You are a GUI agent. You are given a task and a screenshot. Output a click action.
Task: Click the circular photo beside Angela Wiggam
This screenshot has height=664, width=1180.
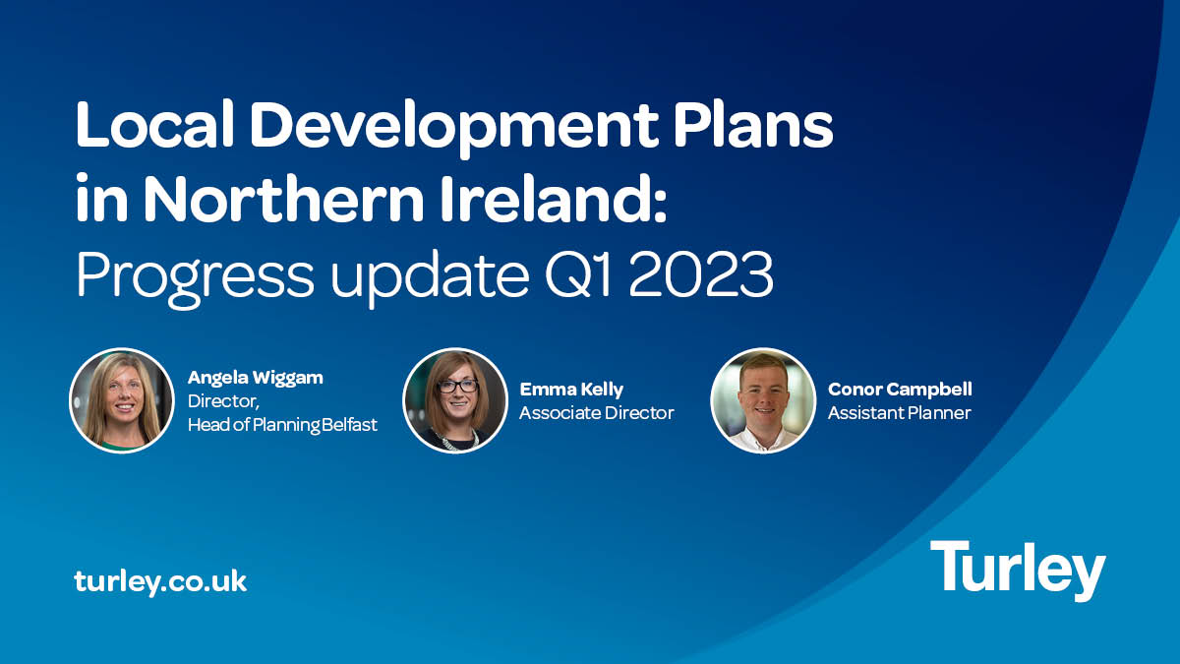121,401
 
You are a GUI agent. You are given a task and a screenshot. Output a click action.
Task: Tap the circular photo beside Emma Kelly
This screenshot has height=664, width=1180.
455,401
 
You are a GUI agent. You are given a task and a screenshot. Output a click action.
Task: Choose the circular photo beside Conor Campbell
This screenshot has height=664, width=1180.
763,401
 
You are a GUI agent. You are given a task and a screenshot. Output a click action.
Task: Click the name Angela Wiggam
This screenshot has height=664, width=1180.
255,378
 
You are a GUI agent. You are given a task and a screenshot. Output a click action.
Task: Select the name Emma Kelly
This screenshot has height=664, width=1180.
571,390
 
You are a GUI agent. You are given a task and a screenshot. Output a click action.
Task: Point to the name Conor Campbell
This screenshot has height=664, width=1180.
900,390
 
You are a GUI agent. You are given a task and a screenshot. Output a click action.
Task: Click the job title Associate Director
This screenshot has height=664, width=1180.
596,413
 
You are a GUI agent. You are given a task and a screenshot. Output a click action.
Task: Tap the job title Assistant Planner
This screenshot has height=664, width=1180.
899,413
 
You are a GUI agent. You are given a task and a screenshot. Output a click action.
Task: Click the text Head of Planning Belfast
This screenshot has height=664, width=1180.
282,425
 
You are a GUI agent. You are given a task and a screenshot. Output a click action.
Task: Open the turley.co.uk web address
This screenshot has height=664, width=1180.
160,580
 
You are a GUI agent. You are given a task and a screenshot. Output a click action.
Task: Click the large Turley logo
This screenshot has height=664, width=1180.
1018,571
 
